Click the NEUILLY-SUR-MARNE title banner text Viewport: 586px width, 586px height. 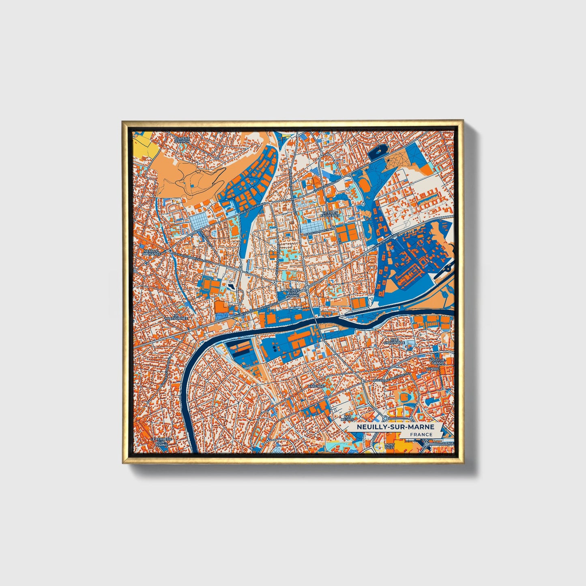[395, 427]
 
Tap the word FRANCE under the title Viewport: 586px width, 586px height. [421, 434]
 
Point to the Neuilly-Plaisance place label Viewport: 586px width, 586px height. [152, 252]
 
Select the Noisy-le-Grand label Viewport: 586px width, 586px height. [438, 362]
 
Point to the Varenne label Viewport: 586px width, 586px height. [316, 386]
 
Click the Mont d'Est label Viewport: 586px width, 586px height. [389, 446]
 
